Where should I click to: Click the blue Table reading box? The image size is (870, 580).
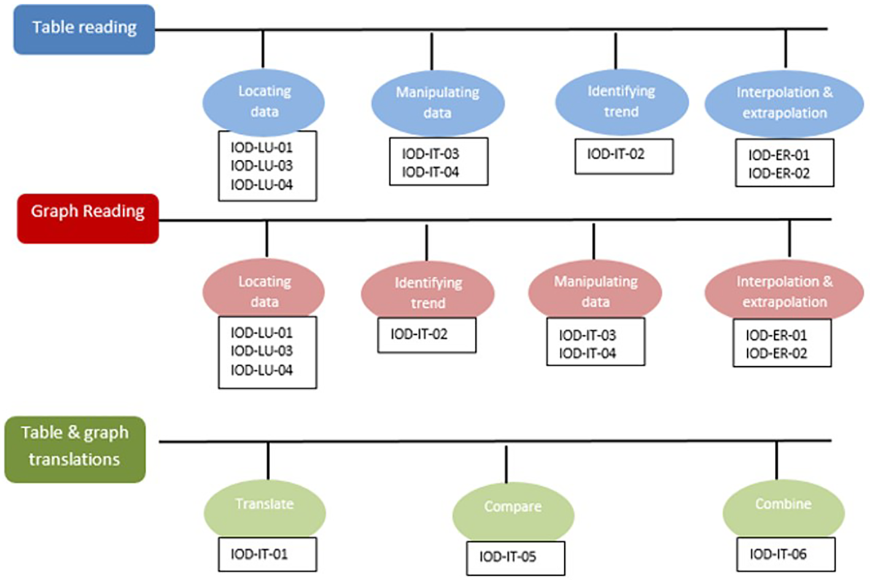tap(84, 29)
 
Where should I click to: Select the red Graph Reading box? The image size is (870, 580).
tap(88, 218)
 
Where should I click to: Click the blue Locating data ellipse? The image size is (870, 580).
tap(263, 101)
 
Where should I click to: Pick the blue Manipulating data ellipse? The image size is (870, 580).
tap(437, 103)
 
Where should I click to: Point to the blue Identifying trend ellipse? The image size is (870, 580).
tap(621, 101)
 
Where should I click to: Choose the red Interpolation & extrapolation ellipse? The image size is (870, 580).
tap(784, 291)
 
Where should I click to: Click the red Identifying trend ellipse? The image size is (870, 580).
tap(427, 292)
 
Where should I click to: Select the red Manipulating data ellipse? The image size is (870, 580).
tap(595, 291)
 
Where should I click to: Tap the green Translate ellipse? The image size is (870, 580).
tap(265, 507)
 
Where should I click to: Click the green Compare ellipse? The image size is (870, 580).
tap(513, 510)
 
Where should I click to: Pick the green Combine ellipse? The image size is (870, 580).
tap(783, 507)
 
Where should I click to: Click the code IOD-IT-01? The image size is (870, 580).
tap(259, 554)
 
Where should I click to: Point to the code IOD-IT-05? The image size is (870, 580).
tap(507, 557)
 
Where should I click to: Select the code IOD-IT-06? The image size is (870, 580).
tap(778, 554)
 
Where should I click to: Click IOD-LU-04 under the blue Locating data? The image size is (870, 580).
tap(262, 184)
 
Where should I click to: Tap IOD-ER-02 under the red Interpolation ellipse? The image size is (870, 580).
tap(776, 353)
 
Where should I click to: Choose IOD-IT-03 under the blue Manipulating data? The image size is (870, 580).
tap(430, 154)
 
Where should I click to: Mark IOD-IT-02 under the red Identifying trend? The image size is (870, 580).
tap(419, 334)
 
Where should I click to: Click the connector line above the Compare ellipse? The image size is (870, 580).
tap(506, 464)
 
